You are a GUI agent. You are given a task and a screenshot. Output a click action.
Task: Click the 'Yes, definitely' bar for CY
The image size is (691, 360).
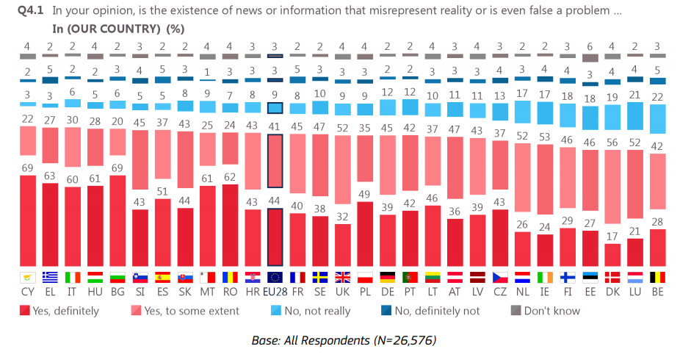27,221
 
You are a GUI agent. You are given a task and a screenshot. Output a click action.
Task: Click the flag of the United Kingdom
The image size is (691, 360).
342,278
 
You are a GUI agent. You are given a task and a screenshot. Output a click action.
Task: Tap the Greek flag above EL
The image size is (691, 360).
51,278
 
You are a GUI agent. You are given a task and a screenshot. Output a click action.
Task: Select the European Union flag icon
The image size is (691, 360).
274,278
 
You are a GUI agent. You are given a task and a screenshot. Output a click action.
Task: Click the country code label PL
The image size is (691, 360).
365,292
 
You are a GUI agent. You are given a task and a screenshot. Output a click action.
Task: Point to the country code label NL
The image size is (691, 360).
522,292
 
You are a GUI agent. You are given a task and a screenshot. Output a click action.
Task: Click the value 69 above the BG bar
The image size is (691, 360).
117,168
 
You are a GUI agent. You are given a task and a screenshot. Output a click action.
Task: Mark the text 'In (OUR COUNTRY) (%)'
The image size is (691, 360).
117,29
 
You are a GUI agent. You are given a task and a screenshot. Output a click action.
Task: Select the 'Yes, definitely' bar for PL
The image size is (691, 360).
365,234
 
